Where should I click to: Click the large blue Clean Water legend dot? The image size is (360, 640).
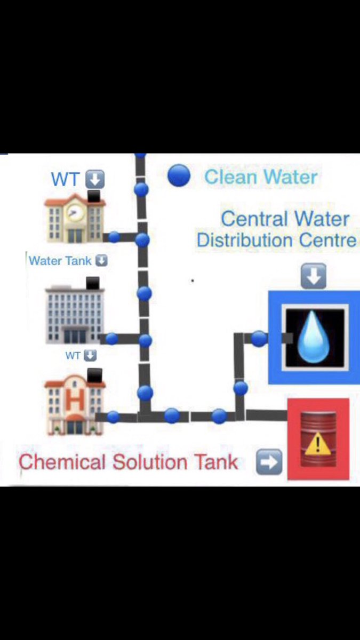(179, 175)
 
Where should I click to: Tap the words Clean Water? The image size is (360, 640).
(261, 177)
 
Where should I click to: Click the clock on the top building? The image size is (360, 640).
(74, 213)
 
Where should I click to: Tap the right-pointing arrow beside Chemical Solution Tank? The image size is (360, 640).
(269, 461)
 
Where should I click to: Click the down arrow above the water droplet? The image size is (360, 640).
(314, 277)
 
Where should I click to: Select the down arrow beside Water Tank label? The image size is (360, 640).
(101, 261)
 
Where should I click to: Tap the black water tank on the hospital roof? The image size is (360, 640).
(94, 375)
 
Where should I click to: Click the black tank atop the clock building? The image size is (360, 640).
(95, 196)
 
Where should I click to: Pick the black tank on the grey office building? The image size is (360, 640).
(94, 283)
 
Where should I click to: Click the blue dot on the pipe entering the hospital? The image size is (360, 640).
(113, 417)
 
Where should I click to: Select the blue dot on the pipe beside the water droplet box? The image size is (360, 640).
(259, 338)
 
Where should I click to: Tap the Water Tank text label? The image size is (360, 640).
(60, 261)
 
